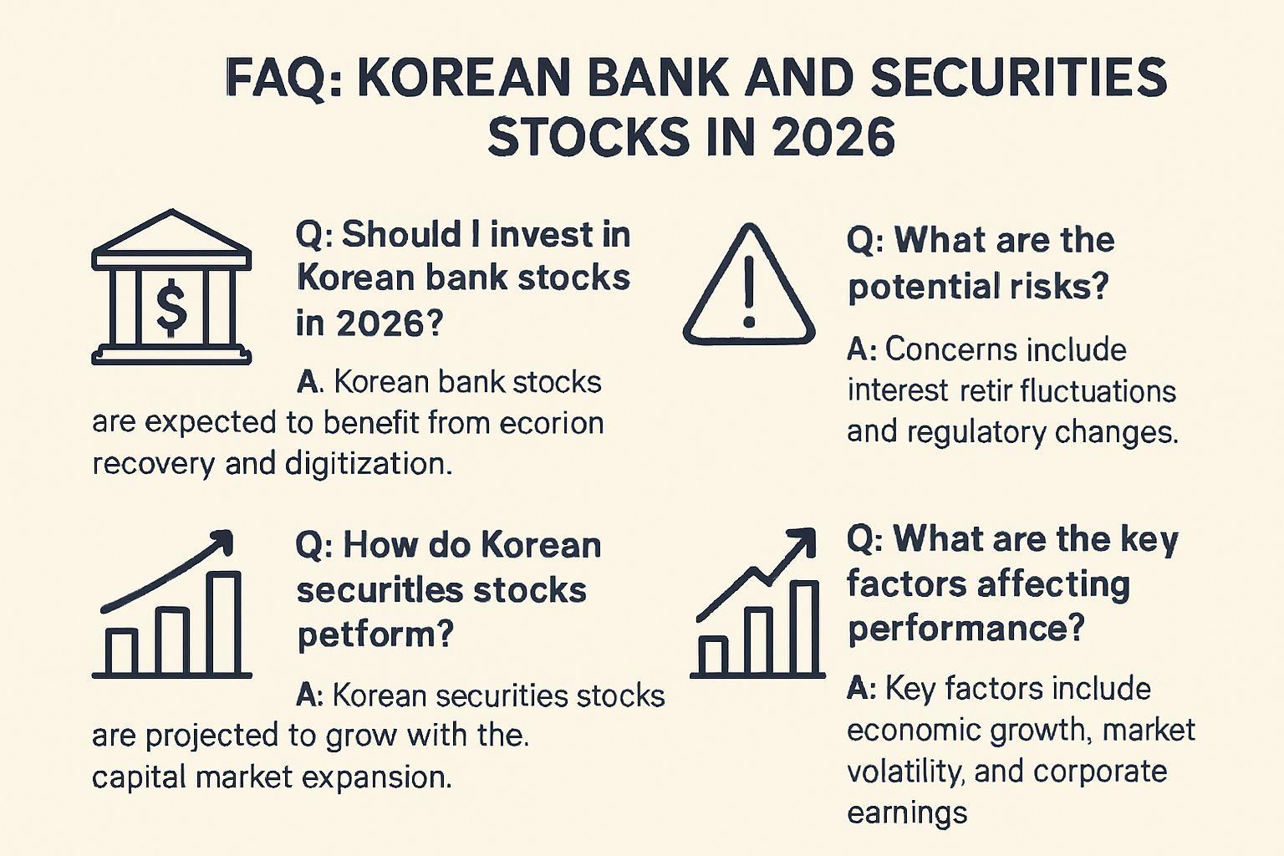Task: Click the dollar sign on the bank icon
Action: pyautogui.click(x=172, y=307)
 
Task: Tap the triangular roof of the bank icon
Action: pyautogui.click(x=171, y=232)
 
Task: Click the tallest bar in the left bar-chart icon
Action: pyautogui.click(x=223, y=623)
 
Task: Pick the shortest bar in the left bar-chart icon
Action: pyautogui.click(x=121, y=652)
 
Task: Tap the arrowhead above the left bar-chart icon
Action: pyautogui.click(x=222, y=542)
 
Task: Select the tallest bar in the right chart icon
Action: pyautogui.click(x=803, y=629)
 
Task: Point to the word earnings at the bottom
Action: pyautogui.click(x=907, y=813)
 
